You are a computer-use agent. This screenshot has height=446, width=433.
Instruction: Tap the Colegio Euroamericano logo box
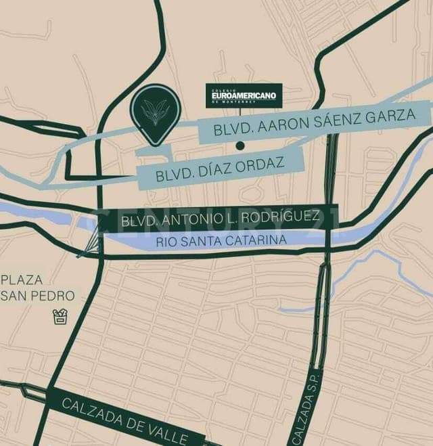point(244,95)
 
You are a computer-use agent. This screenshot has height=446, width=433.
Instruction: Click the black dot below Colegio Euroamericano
point(240,146)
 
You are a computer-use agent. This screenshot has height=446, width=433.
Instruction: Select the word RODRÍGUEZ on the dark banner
point(278,217)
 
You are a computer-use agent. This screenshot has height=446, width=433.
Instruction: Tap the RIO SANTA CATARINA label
point(221,240)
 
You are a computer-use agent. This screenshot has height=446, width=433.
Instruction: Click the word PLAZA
point(22,280)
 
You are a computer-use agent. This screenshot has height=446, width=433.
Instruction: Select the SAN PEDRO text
point(39,296)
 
